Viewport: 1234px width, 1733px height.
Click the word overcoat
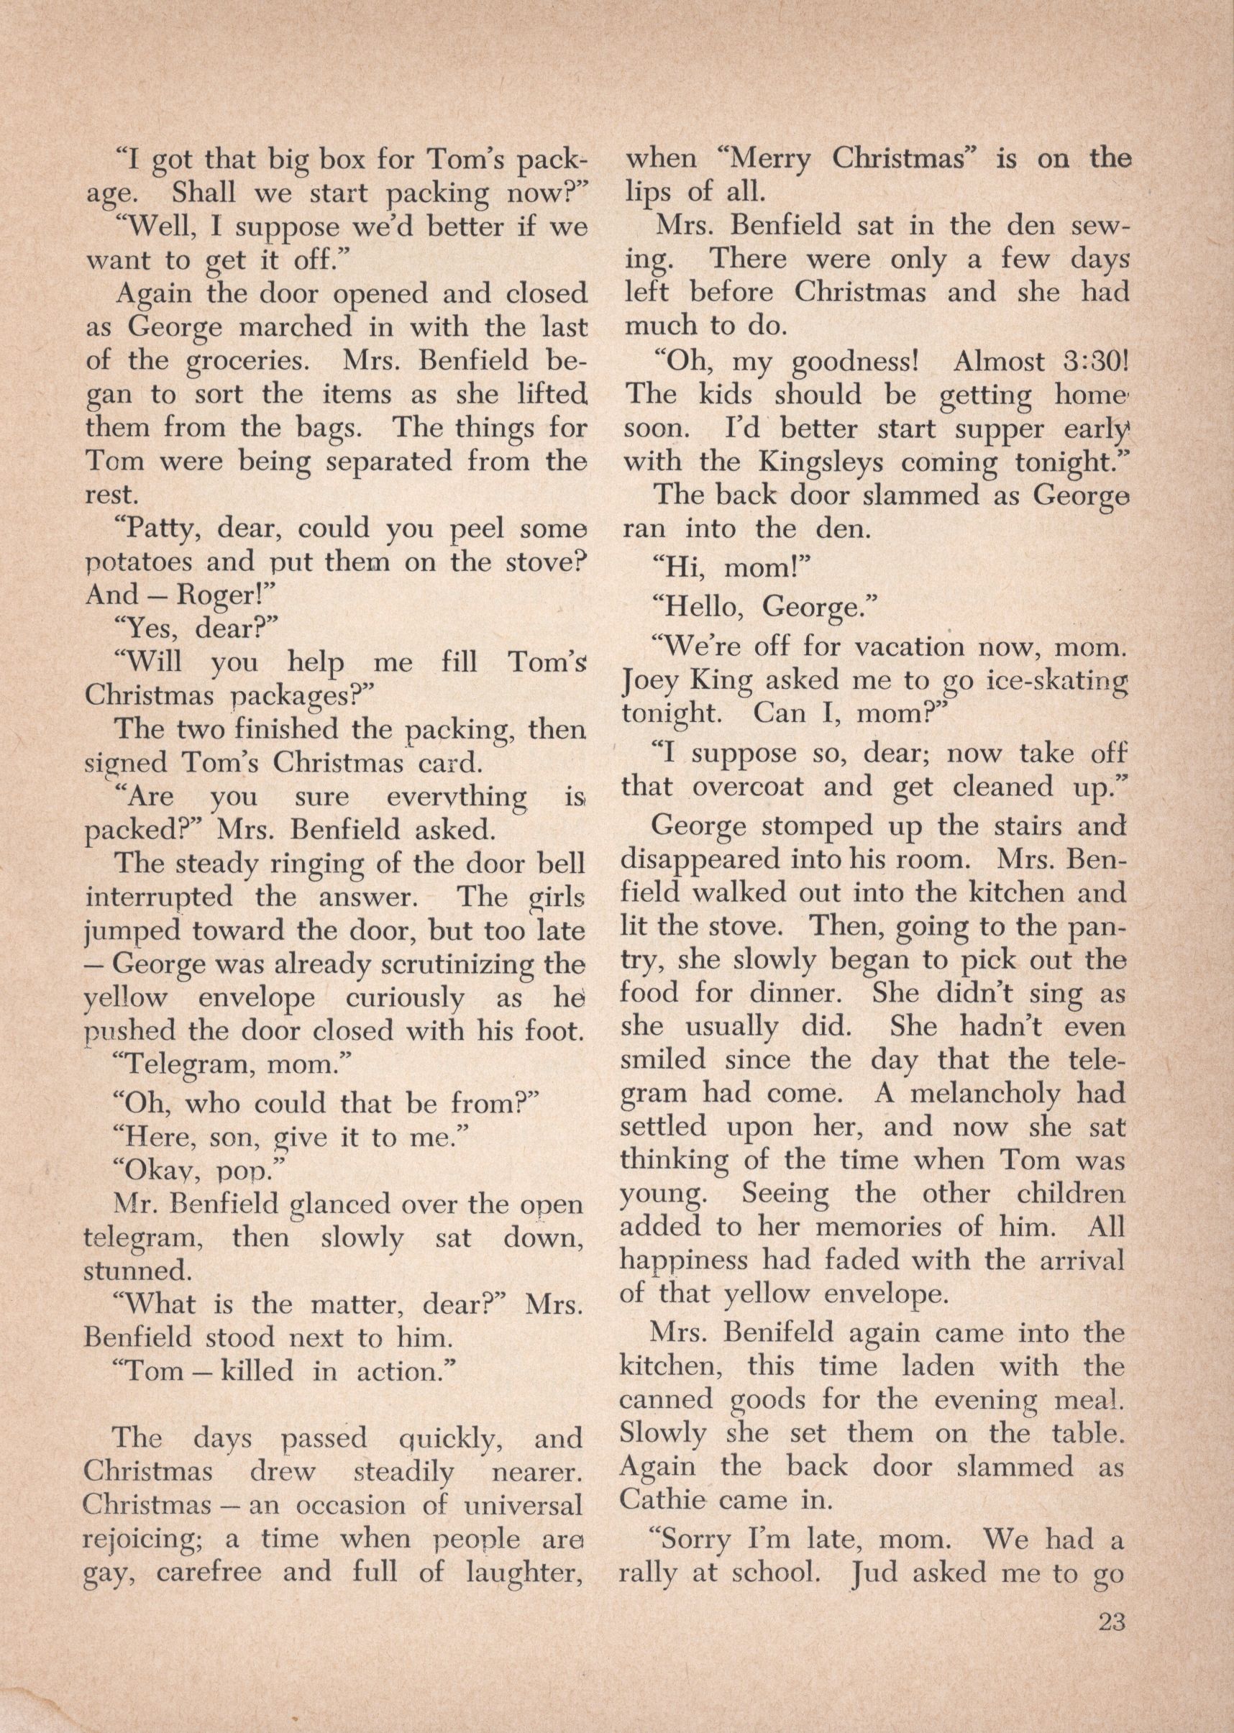coord(748,787)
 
